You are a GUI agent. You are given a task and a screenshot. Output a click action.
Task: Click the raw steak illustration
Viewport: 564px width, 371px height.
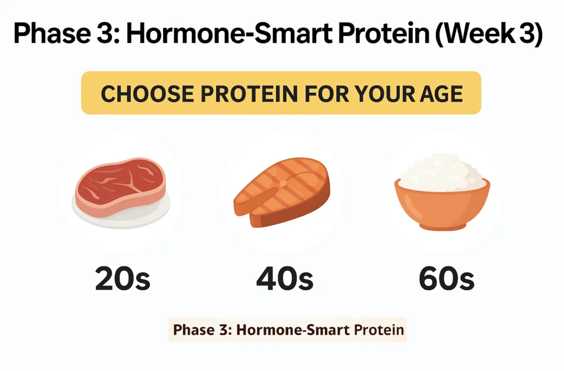tap(120, 187)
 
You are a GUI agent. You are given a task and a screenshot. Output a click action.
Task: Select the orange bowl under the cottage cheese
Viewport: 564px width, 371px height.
tap(442, 205)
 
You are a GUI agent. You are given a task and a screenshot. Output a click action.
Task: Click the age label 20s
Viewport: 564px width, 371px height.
tap(123, 279)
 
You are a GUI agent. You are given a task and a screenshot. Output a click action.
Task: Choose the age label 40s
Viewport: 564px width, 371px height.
tap(285, 279)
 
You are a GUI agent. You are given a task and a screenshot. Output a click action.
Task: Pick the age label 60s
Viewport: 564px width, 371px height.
tap(446, 279)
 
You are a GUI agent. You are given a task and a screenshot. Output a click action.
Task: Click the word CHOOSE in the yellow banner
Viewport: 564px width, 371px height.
tap(148, 94)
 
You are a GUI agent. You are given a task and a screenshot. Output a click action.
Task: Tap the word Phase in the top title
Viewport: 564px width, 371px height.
tap(52, 33)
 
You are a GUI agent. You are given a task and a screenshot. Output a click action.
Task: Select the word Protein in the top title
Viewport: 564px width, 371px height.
tap(384, 33)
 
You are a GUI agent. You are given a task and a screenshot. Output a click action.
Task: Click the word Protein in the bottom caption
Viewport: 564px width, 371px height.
tap(379, 330)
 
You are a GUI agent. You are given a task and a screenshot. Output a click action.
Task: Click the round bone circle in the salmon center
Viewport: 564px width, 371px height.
tap(283, 183)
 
